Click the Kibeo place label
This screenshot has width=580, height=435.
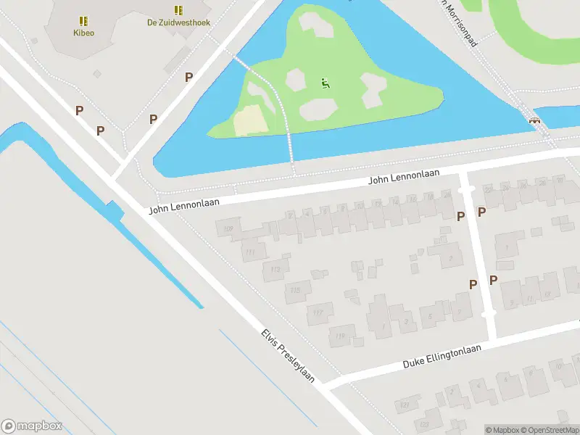coord(83,33)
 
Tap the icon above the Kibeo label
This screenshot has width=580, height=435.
coord(83,21)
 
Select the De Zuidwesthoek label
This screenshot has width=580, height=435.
coord(178,22)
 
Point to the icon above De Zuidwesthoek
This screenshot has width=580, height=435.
coord(178,10)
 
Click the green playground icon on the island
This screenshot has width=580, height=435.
coord(323,83)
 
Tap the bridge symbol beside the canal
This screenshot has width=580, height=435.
coord(535,121)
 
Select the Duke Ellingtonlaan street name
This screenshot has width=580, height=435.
coord(442,357)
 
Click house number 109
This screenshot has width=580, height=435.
coord(228,230)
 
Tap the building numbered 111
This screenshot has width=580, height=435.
coord(251,252)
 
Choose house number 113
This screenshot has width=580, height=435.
coord(275,270)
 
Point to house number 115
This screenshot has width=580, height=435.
coord(295,290)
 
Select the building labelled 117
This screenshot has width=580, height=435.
coord(318,313)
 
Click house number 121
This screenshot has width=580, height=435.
coord(404,404)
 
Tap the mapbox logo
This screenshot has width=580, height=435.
coord(32,426)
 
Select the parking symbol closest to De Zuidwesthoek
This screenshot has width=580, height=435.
coord(188,77)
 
